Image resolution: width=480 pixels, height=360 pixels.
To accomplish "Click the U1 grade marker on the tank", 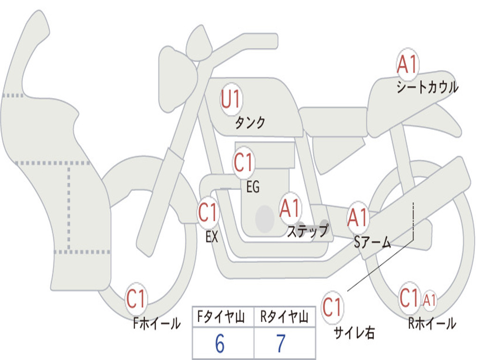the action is point(231,99).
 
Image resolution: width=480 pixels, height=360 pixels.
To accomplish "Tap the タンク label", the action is point(250,123).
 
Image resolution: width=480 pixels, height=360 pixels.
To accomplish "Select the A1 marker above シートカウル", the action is point(407,65).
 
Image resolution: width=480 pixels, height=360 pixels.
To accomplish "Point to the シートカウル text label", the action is point(427,88).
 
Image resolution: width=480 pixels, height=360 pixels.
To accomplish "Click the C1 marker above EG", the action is point(243,163).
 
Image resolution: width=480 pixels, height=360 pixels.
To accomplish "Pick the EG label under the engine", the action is point(253,187).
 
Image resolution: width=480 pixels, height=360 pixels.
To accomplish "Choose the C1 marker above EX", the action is point(208,213).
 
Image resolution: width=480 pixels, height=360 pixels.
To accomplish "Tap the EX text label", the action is point(212,237).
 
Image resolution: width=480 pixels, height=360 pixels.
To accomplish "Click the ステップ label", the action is point(307,231).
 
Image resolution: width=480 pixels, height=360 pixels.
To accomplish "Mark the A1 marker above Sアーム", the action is point(358,217).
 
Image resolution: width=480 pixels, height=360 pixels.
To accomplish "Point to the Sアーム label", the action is point(373,242).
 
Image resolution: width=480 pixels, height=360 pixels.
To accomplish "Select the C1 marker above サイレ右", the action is point(332,308).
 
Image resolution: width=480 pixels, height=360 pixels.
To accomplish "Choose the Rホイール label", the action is point(432,323).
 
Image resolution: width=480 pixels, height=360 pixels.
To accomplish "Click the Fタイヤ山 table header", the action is point(223,318).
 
